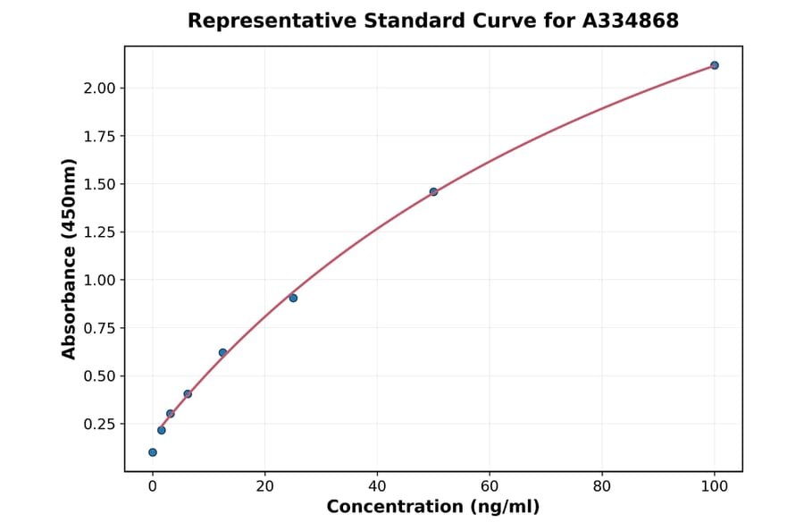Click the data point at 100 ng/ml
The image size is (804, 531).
714,65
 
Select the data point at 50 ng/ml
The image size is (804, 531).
433,191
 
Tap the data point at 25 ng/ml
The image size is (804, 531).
293,298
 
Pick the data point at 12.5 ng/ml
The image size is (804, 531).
222,352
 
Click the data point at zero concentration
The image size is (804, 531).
153,452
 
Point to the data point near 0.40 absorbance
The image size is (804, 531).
188,393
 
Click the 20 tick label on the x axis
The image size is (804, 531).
264,486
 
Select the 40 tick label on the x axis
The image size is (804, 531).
377,486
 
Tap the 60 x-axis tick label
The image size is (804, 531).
490,486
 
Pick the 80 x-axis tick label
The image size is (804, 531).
602,486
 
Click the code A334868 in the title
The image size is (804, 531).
631,21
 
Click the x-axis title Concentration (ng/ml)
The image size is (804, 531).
433,507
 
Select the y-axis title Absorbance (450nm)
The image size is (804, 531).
70,258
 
